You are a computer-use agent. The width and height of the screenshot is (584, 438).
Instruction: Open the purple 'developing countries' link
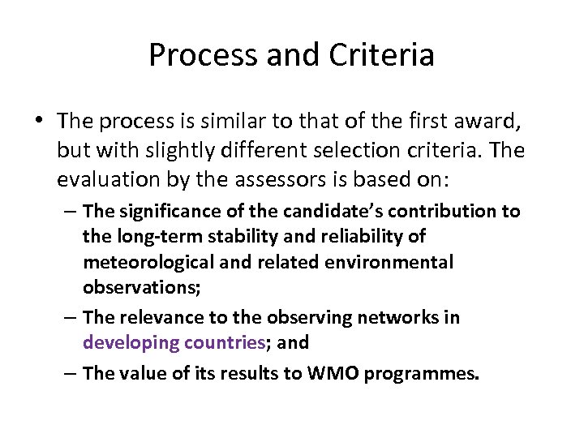click(174, 342)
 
